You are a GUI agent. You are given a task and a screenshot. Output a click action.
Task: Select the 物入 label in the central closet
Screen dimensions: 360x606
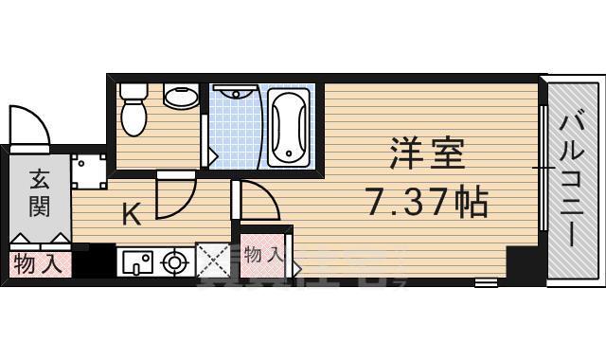[x=262, y=254]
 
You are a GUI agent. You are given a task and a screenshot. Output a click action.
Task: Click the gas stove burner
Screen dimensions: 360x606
[x=173, y=261]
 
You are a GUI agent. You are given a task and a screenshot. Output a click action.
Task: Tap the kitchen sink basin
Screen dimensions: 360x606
[x=135, y=261]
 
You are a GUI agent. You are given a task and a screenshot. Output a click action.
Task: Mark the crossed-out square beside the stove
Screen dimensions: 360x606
[x=212, y=261]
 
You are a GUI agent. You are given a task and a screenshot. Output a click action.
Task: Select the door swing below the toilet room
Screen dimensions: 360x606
[x=176, y=194]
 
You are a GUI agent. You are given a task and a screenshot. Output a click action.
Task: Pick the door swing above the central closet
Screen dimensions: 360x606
[x=258, y=203]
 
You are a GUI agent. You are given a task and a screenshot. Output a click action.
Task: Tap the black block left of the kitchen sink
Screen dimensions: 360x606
[x=93, y=262]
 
